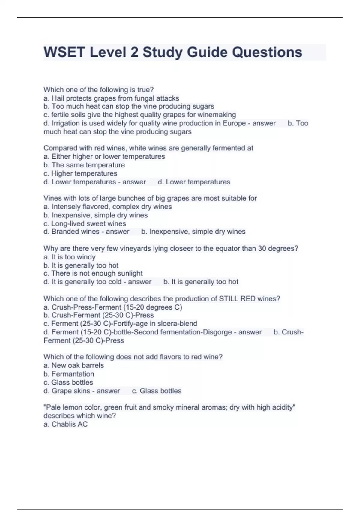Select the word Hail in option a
pyautogui.click(x=58, y=98)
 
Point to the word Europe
pyautogui.click(x=234, y=123)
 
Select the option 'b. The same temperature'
pyautogui.click(x=84, y=165)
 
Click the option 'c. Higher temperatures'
pyautogui.click(x=80, y=173)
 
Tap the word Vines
pyautogui.click(x=52, y=198)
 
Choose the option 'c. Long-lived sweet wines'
pyautogui.click(x=85, y=223)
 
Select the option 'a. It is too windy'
pyautogui.click(x=70, y=257)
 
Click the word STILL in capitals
pyautogui.click(x=229, y=299)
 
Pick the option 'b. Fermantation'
pyautogui.click(x=69, y=374)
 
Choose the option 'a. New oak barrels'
pyautogui.click(x=74, y=365)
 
